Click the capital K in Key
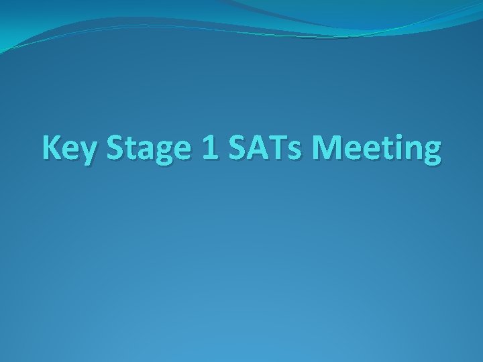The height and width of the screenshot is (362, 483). coord(52,147)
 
